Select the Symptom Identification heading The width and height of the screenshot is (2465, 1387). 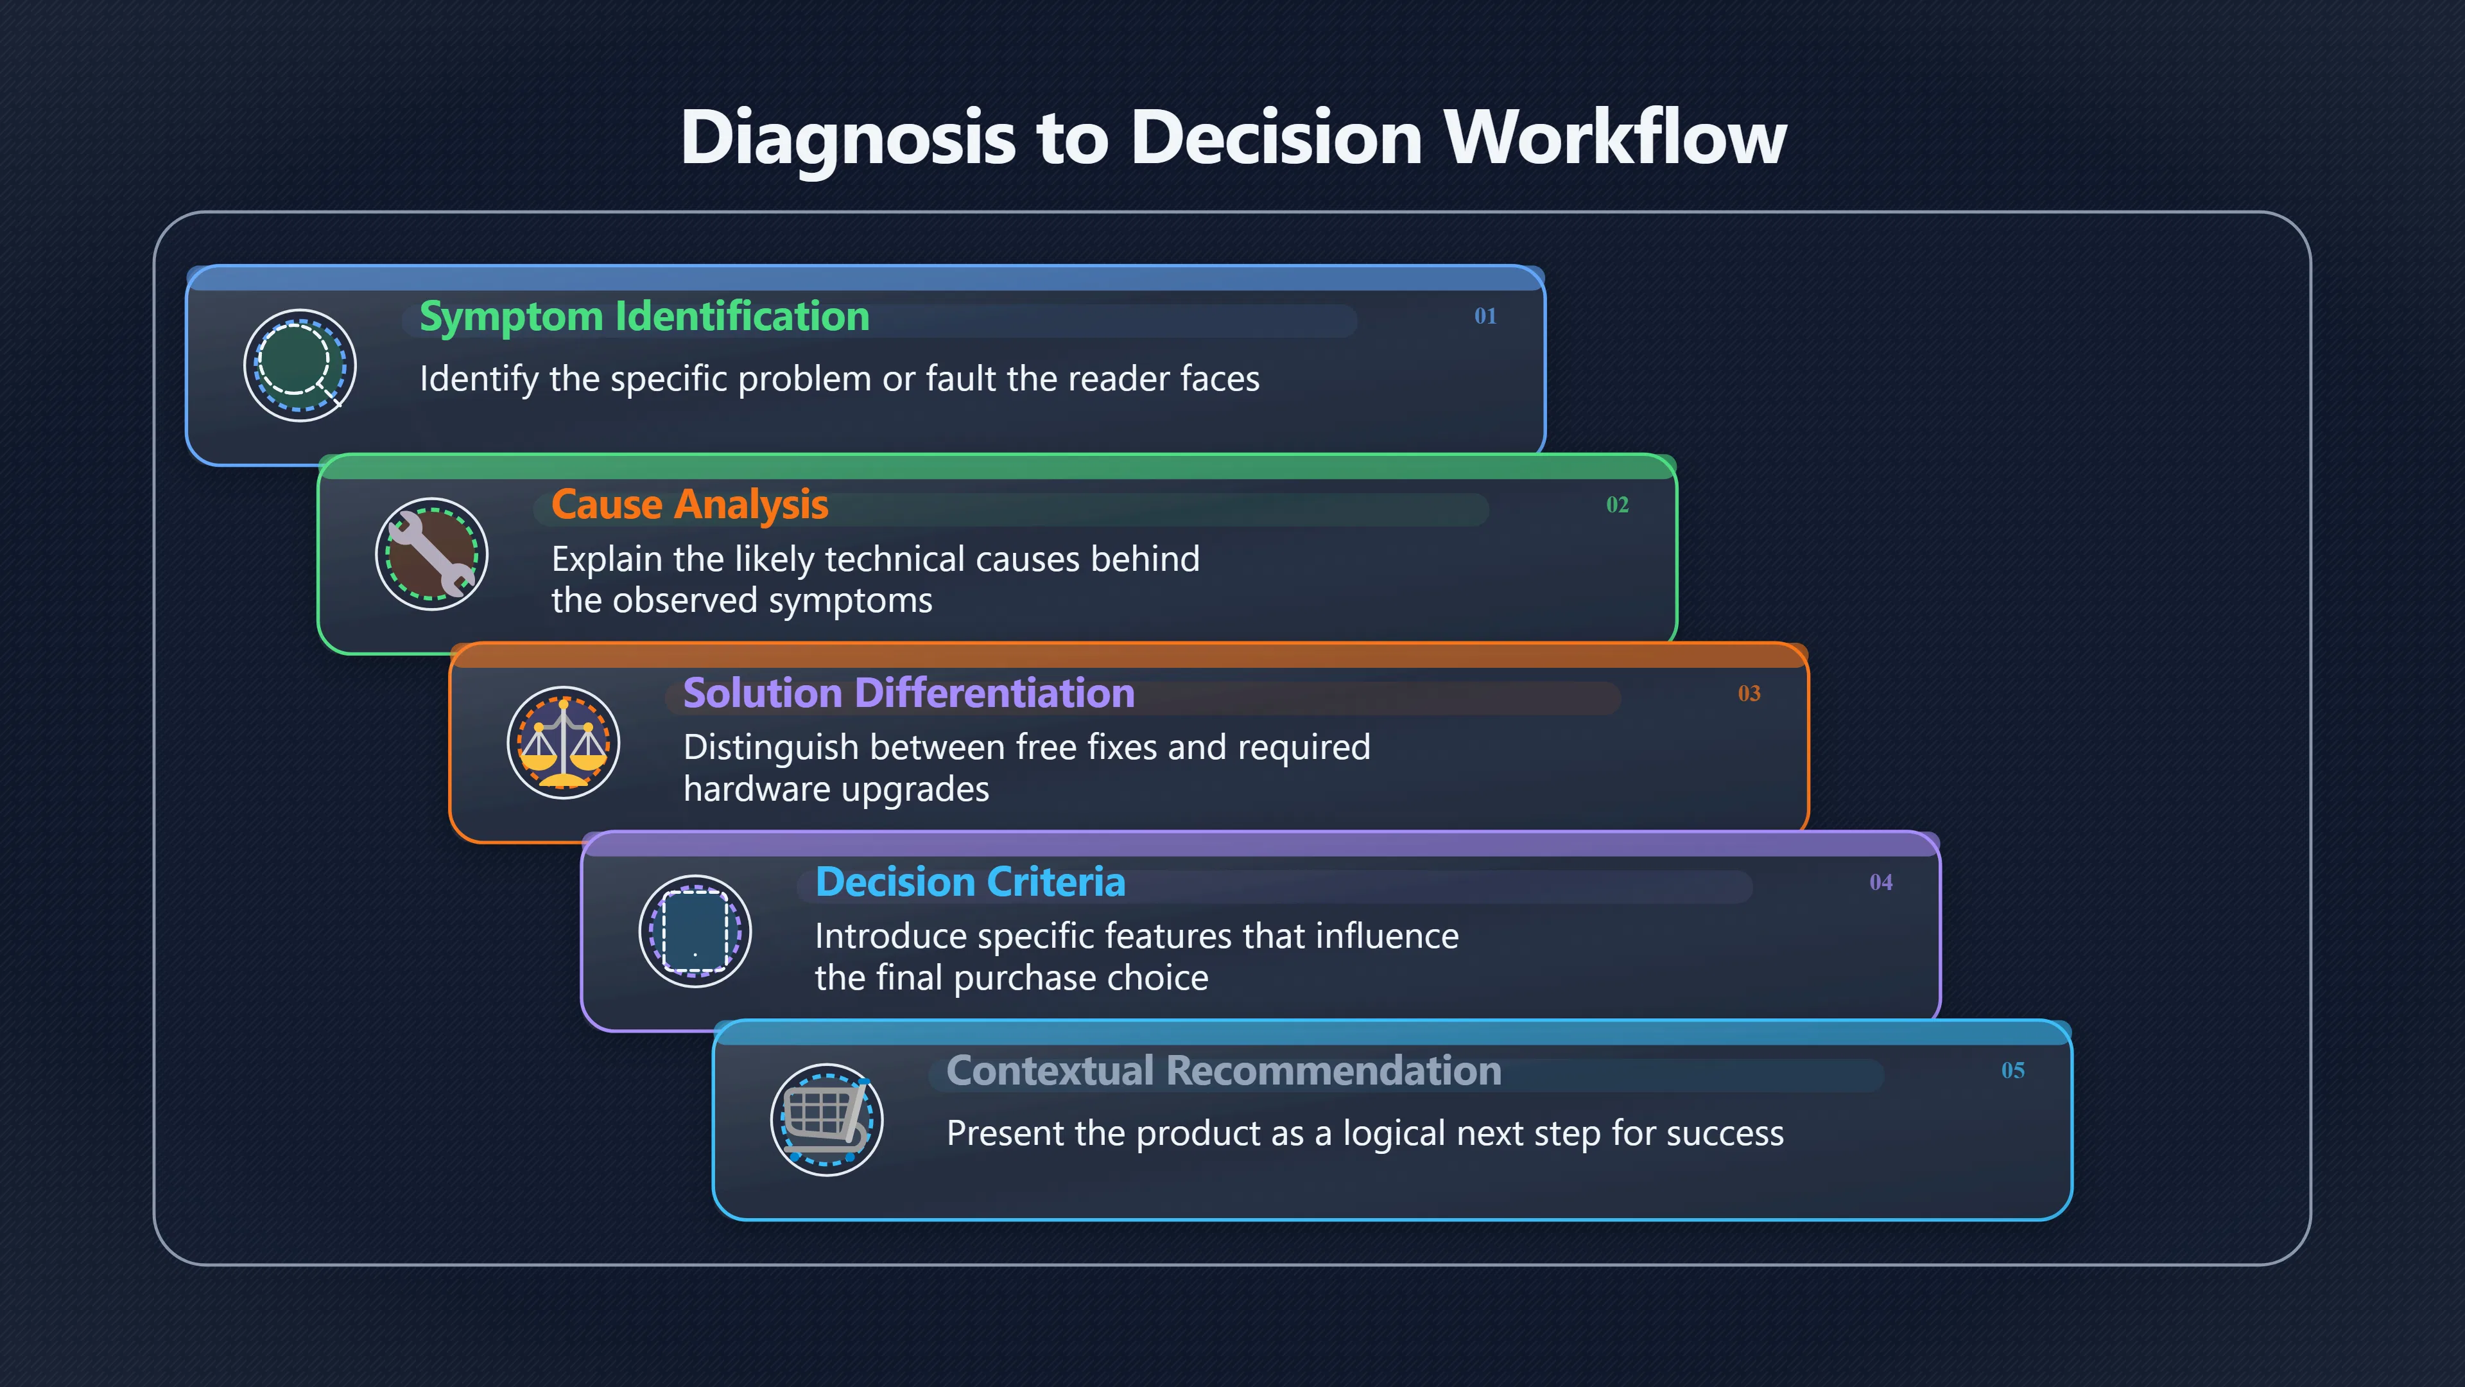[x=644, y=317]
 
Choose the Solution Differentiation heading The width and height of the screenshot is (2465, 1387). [x=909, y=693]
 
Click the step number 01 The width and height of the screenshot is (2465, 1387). [x=1485, y=316]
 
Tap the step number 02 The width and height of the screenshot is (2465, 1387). [x=1617, y=505]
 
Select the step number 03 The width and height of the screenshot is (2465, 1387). [x=1749, y=693]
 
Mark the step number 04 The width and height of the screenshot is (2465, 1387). [x=1881, y=882]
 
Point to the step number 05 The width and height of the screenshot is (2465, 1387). [x=2013, y=1070]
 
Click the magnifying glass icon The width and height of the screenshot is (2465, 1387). [x=300, y=365]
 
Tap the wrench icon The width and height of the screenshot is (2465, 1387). [x=431, y=554]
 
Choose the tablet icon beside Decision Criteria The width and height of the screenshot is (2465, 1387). [x=696, y=930]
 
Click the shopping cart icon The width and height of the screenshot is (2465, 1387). [x=827, y=1119]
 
